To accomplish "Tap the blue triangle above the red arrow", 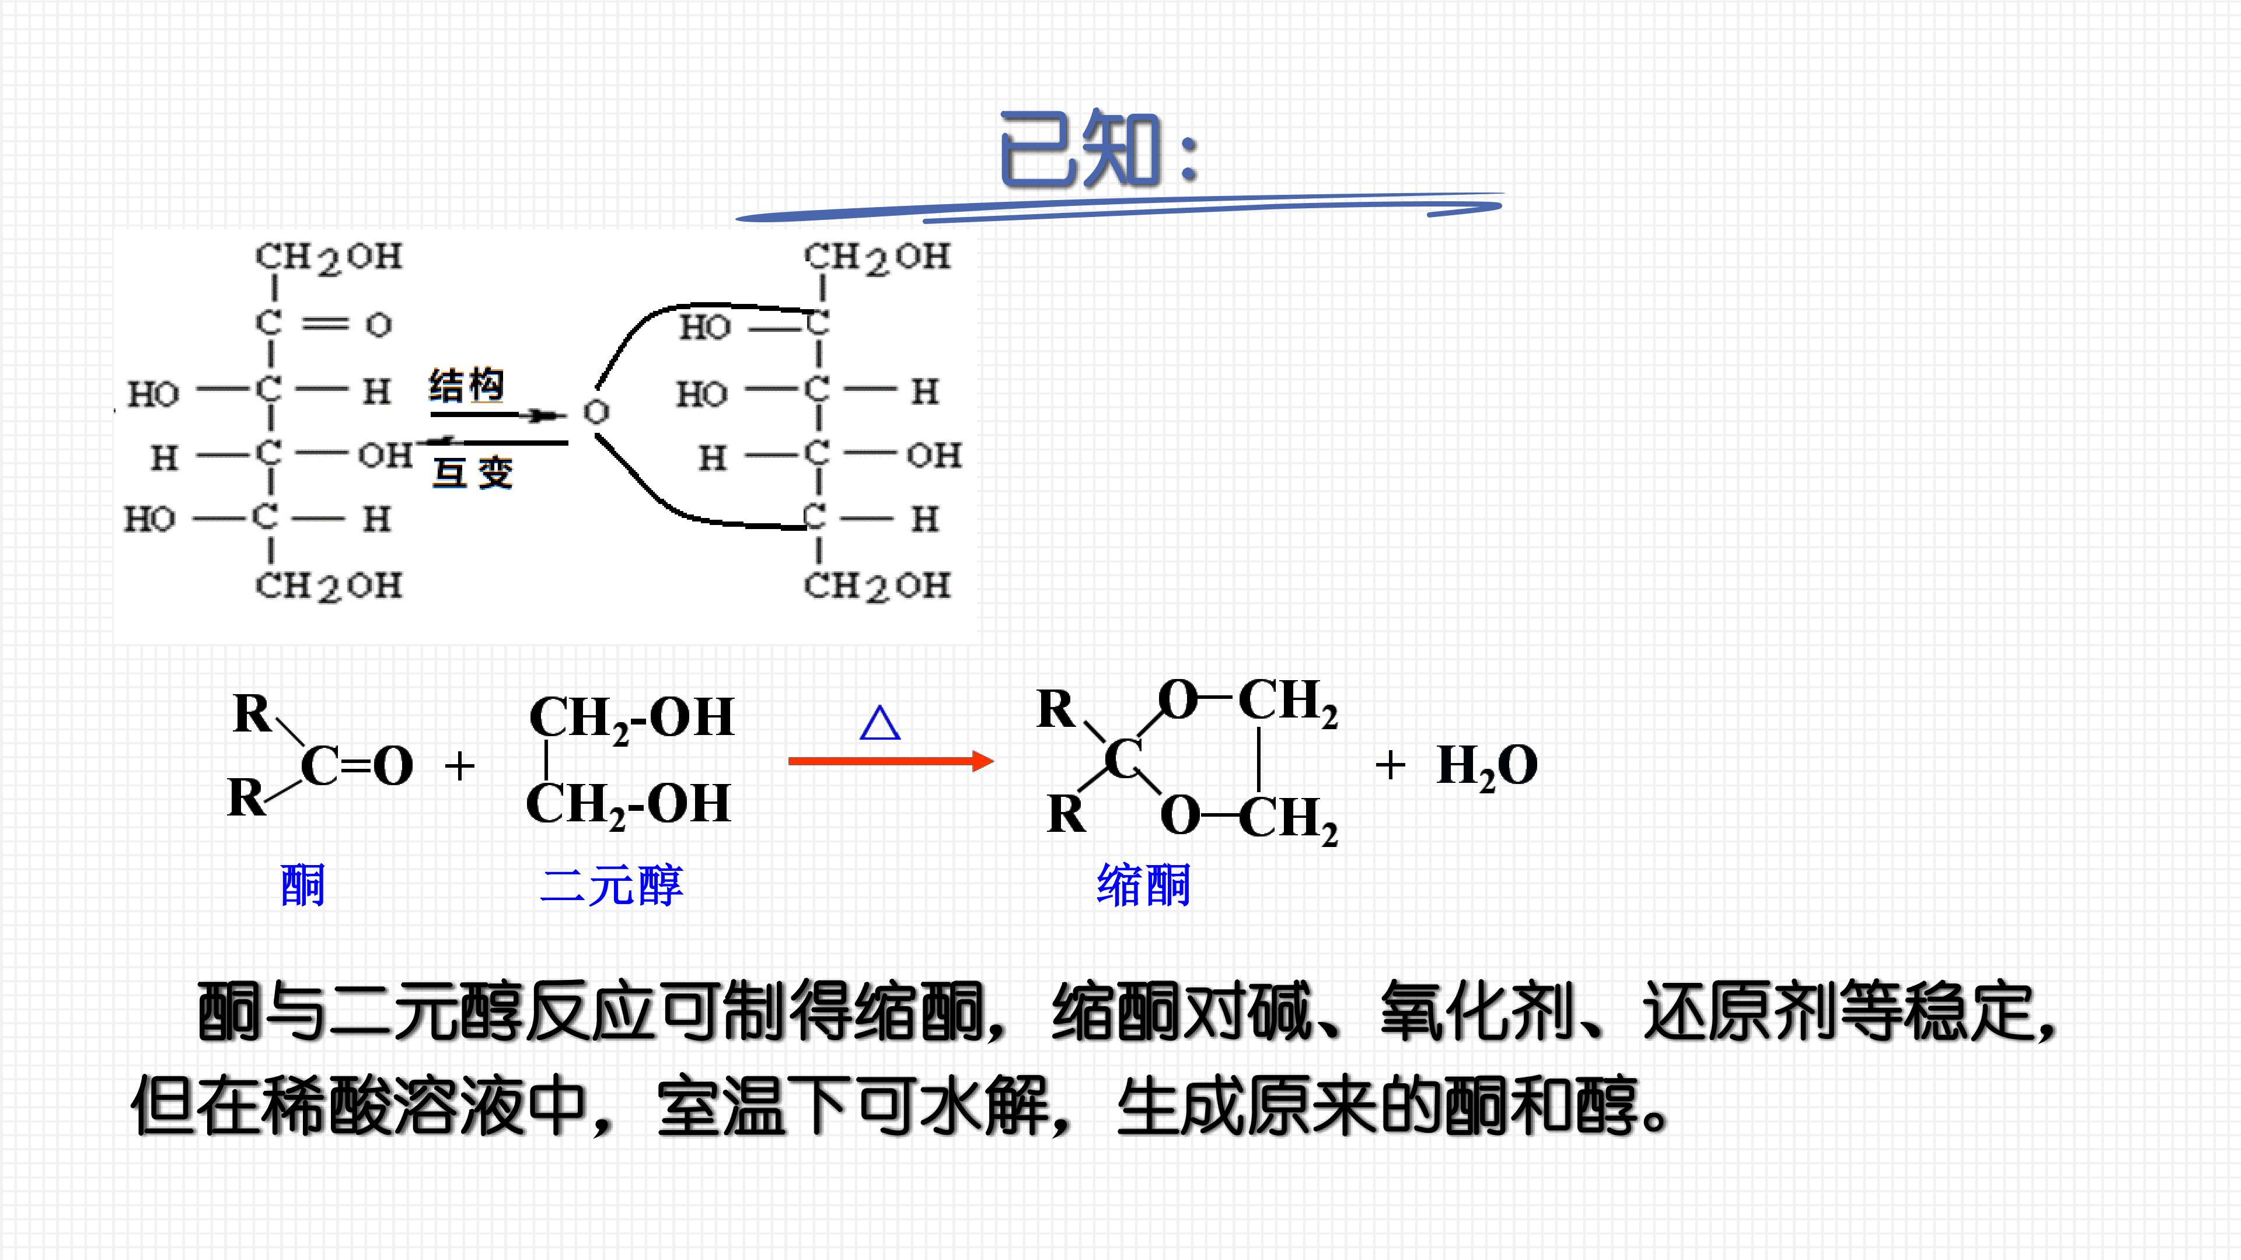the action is (879, 723).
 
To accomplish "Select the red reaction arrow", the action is (891, 761).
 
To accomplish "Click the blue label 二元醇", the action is (612, 885).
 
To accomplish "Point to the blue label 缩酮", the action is (1143, 885).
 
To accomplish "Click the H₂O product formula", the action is (1487, 766).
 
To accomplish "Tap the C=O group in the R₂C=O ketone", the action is (357, 766).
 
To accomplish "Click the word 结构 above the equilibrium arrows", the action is (467, 385).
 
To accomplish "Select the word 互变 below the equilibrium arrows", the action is (473, 472).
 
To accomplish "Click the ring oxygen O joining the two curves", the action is (596, 411).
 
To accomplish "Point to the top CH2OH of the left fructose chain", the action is (329, 257).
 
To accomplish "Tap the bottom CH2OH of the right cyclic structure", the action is (877, 587).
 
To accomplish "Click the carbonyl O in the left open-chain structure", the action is (378, 325).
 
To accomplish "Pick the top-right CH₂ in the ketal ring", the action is (1287, 702).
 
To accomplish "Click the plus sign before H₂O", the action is (1390, 765).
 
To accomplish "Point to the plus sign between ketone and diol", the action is (459, 766).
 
